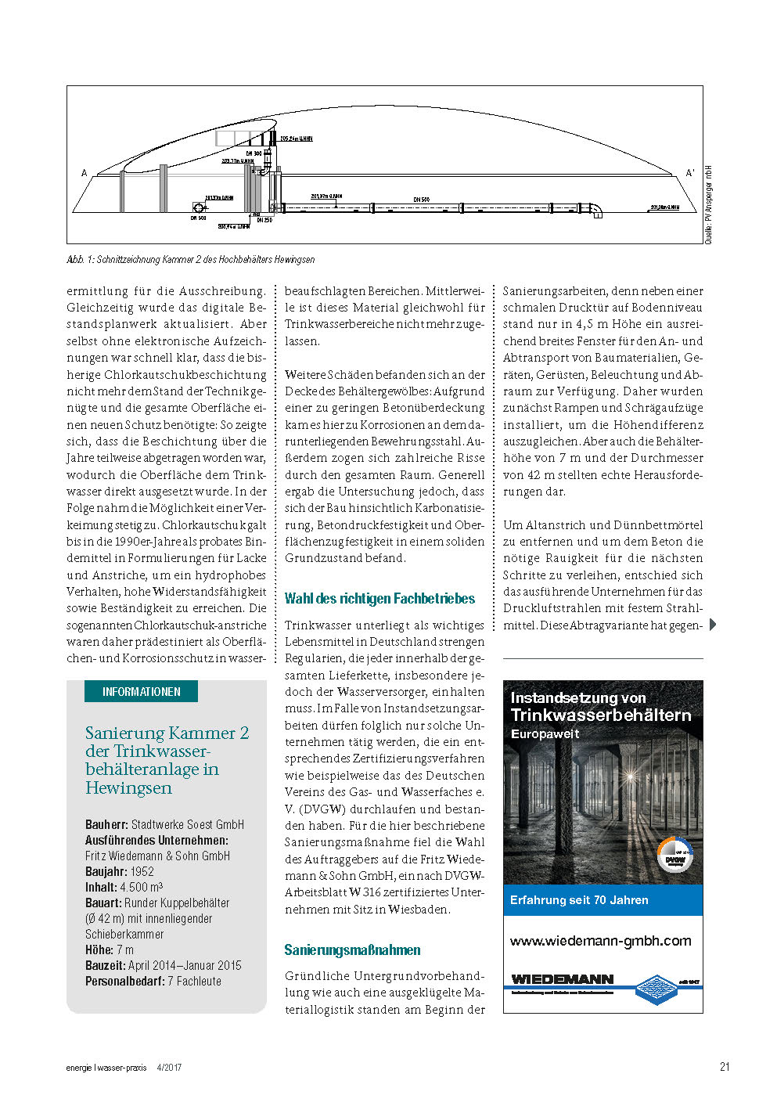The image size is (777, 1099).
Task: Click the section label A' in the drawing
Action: pos(689,173)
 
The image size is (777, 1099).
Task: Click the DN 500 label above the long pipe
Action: pos(421,200)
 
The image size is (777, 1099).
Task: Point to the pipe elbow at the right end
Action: pos(596,209)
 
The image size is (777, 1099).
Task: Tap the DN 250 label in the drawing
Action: pos(264,220)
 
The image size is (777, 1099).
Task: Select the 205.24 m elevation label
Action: pos(297,139)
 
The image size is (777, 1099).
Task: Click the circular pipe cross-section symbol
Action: pos(199,207)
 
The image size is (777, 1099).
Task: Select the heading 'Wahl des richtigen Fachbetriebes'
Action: pos(380,599)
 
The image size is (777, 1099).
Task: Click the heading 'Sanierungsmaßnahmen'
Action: pos(352,950)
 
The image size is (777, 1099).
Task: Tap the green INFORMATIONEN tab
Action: pos(142,692)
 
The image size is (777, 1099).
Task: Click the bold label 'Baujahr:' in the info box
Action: pos(106,871)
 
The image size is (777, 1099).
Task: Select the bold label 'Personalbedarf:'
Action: pos(125,981)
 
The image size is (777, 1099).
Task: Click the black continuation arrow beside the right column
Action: pos(713,624)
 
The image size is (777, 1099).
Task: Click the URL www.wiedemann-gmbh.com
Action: pos(601,941)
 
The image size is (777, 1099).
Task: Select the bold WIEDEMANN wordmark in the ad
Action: pos(562,979)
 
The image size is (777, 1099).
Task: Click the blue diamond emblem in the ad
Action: pos(656,989)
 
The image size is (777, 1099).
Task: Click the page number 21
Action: pos(725,1066)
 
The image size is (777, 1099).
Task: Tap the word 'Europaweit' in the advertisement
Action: pos(545,734)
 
